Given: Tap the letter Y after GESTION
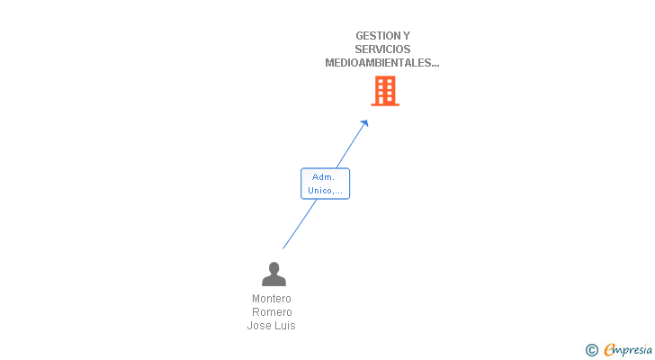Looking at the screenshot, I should (407, 36).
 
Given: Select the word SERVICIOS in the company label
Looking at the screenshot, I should (382, 49).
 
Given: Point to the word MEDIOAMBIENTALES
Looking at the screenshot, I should (379, 63).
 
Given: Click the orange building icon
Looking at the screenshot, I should (385, 91).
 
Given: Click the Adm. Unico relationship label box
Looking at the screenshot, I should (325, 184).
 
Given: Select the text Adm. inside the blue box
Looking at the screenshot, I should (324, 177).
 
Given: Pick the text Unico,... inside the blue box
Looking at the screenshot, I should (325, 190).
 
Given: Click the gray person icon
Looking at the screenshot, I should (274, 274).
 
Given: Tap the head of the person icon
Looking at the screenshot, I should (274, 268).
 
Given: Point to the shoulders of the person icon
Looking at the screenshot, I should (274, 282).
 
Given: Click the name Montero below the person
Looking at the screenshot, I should (272, 299).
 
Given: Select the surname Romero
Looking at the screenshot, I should (272, 312).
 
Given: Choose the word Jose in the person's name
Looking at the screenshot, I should (259, 326).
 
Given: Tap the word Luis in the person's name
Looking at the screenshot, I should (285, 326).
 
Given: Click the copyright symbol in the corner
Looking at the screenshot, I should (592, 350).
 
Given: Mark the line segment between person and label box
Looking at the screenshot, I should (300, 223).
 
